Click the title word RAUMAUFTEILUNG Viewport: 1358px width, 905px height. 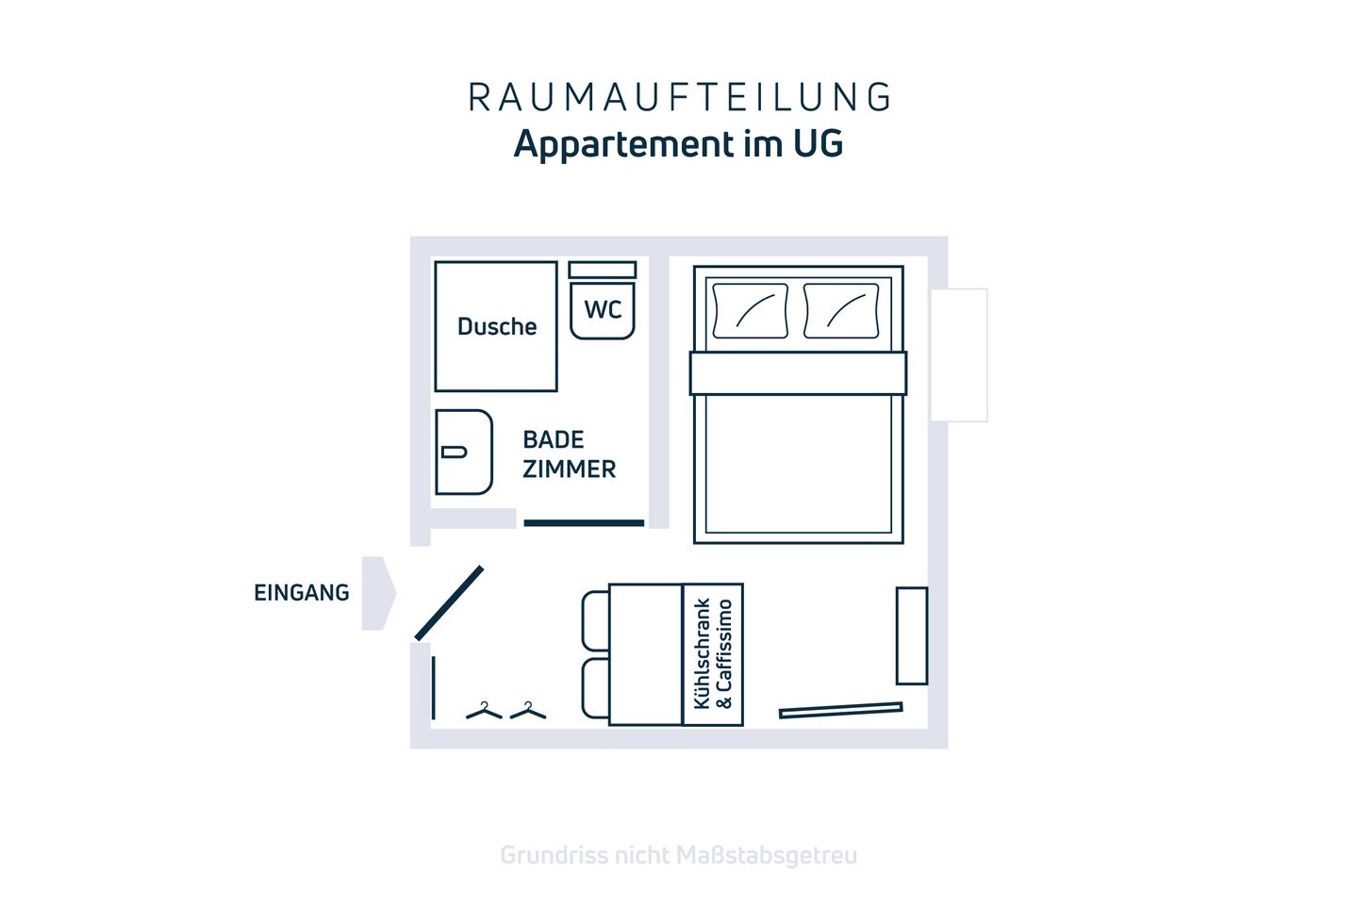click(679, 97)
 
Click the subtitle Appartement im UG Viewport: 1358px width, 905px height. click(678, 144)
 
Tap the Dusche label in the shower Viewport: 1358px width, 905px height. click(497, 326)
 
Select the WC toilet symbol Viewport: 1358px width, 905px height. click(603, 307)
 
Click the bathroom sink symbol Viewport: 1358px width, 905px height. click(463, 452)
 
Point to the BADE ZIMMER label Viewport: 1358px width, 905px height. click(569, 453)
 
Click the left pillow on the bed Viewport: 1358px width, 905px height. click(751, 310)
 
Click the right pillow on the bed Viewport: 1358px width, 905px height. click(841, 310)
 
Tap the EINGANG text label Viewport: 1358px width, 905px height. click(301, 592)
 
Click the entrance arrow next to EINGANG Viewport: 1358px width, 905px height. click(378, 593)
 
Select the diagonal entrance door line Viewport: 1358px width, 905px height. click(449, 603)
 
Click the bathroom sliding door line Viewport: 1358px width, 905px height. click(584, 522)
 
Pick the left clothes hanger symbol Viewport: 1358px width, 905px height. click(484, 711)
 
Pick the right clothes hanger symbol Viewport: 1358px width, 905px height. click(528, 711)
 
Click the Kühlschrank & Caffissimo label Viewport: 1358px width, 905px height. click(713, 654)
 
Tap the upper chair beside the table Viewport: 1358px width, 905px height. click(595, 620)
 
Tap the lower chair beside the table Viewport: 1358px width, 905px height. click(595, 688)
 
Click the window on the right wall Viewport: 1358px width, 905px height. click(958, 354)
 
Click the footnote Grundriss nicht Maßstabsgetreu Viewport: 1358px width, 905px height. click(678, 855)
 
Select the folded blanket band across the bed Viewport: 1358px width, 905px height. click(798, 373)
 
